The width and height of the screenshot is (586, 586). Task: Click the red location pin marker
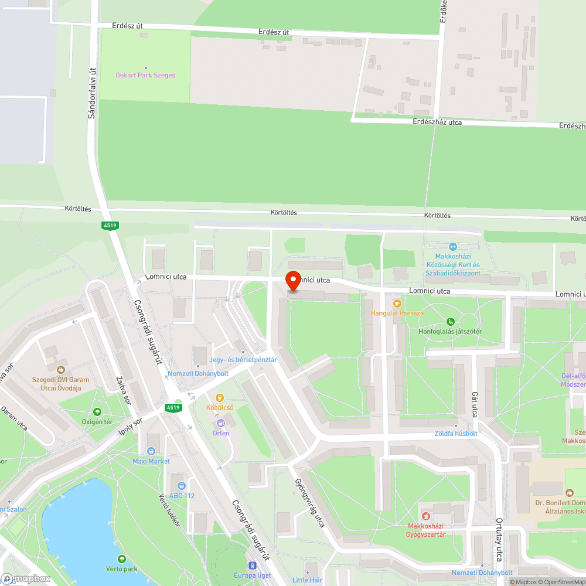pos(292,281)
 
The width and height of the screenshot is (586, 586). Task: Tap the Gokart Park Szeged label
pos(146,75)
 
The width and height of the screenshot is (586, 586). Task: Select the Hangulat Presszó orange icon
pos(397,303)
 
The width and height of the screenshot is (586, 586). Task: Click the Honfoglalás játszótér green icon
pos(450,321)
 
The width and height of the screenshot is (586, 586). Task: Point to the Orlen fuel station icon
pos(221,423)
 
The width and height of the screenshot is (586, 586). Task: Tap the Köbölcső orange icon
pos(220,397)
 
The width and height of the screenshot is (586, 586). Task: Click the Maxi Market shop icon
pos(151,451)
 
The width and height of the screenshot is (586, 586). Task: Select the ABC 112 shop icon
pos(182,485)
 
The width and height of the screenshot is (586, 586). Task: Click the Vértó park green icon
pos(122,558)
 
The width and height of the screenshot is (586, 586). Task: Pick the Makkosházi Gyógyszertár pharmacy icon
pos(426,516)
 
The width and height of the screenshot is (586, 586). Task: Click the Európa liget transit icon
pos(253,565)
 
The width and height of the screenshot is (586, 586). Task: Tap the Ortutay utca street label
pos(500,539)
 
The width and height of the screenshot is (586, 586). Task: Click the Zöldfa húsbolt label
pos(456,434)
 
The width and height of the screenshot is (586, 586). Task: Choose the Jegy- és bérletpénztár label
pos(243,359)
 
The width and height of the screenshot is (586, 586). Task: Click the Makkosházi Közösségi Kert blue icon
pos(452,247)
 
